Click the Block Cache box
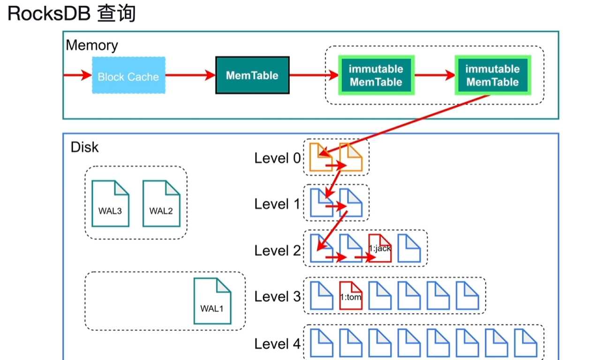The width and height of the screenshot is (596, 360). click(x=128, y=75)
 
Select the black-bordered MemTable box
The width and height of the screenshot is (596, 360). click(x=252, y=75)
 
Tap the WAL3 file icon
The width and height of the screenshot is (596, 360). click(x=110, y=203)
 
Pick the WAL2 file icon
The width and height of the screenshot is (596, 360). click(x=161, y=203)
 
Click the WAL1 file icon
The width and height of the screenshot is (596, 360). click(x=212, y=301)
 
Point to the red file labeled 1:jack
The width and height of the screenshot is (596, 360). click(x=380, y=248)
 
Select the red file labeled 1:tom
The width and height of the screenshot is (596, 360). click(x=351, y=296)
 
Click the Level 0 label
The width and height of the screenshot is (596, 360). click(x=278, y=158)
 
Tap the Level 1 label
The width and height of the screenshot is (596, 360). click(x=277, y=204)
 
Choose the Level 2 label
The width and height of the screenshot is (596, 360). click(x=278, y=251)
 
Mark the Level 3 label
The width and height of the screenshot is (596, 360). click(x=278, y=297)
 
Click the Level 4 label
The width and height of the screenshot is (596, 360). click(x=278, y=344)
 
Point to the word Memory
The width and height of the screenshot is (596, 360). click(x=92, y=45)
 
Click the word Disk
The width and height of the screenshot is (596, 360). click(x=84, y=147)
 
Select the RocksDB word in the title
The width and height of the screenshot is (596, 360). click(x=49, y=13)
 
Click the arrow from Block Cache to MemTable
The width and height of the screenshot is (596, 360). click(x=190, y=75)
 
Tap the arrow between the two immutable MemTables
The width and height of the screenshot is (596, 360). click(x=435, y=75)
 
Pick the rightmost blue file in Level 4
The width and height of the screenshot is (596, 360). click(x=526, y=343)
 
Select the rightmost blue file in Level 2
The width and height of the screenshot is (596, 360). click(x=409, y=248)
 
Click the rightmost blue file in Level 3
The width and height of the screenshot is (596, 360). click(x=467, y=296)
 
